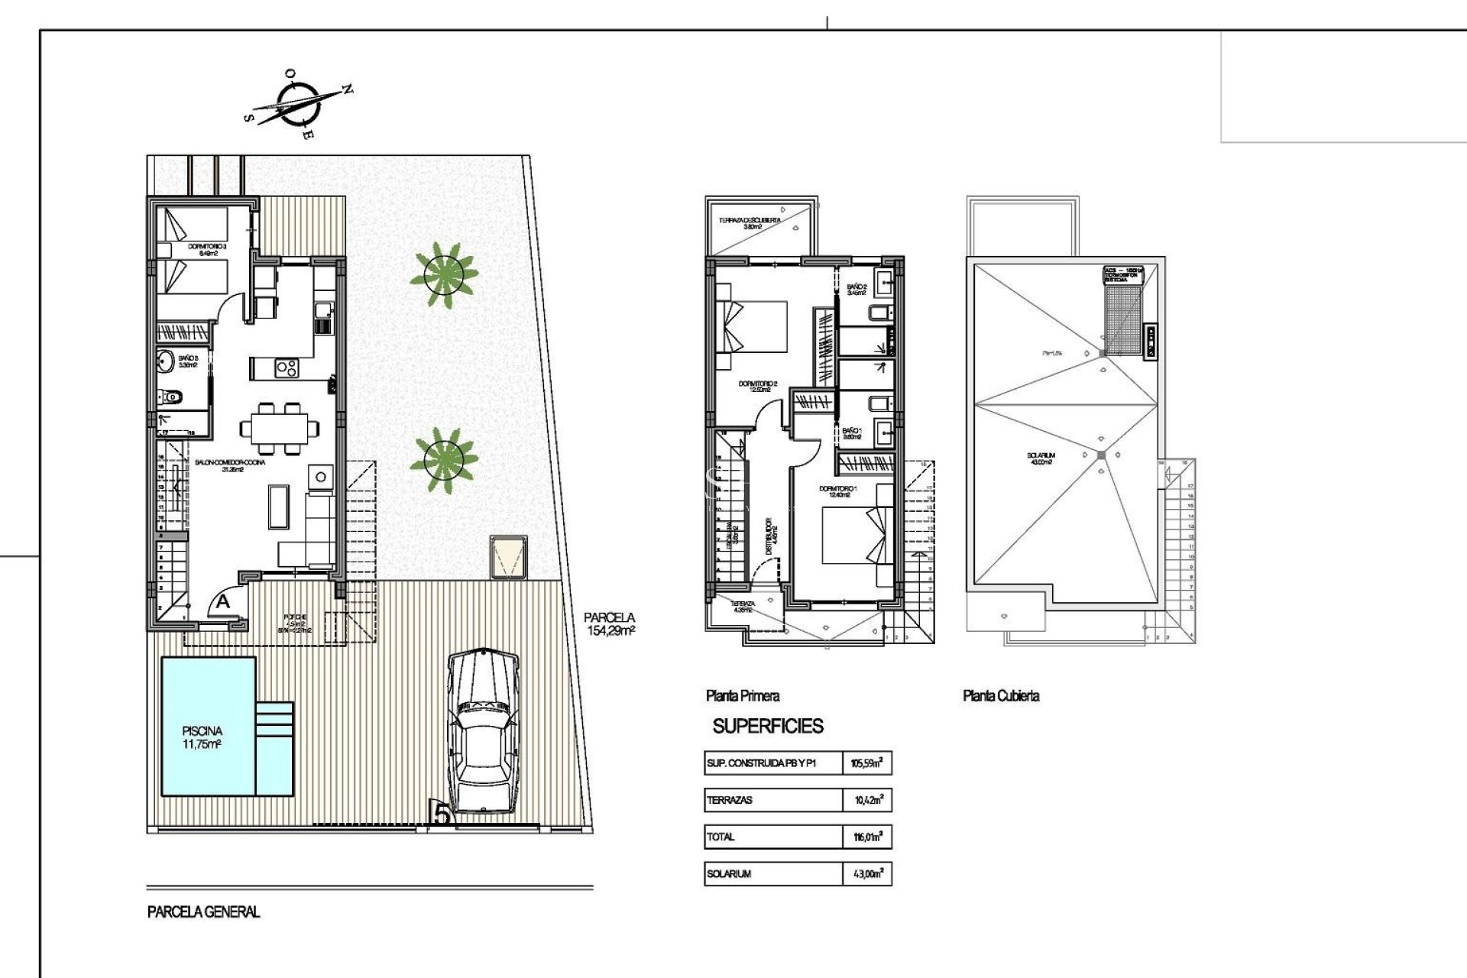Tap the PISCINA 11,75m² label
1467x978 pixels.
(202, 737)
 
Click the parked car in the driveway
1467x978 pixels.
(483, 732)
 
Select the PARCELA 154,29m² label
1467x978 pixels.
(610, 623)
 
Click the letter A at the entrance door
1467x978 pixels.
(222, 602)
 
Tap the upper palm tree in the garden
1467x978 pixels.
(444, 274)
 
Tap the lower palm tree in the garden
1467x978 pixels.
(444, 459)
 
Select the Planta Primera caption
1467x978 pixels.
(743, 695)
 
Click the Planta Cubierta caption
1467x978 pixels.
(1001, 695)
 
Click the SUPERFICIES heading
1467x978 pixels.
(768, 726)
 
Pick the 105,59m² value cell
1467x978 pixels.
(867, 763)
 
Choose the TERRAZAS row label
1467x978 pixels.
(730, 800)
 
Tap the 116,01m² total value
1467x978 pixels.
(867, 837)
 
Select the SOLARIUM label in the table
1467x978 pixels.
(729, 873)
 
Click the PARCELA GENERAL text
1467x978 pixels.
(203, 912)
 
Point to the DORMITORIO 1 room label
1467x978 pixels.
(837, 491)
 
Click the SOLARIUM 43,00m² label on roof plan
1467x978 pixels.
(1041, 458)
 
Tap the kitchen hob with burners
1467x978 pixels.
(287, 368)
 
